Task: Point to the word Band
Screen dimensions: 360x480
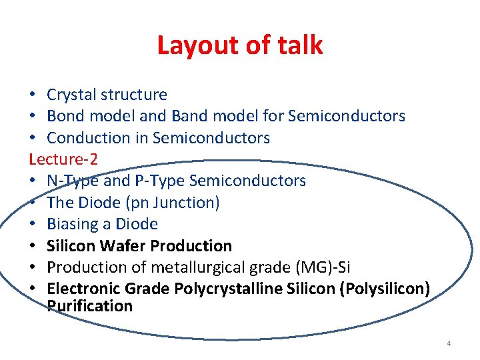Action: coord(190,117)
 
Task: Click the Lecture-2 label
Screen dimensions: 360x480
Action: coord(62,159)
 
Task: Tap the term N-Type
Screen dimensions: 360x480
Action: coord(72,181)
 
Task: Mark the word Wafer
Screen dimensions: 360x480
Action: coord(124,246)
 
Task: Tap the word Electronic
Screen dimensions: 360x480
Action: coord(83,289)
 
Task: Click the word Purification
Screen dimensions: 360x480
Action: coord(90,306)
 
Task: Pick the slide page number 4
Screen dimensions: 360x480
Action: coord(449,343)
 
